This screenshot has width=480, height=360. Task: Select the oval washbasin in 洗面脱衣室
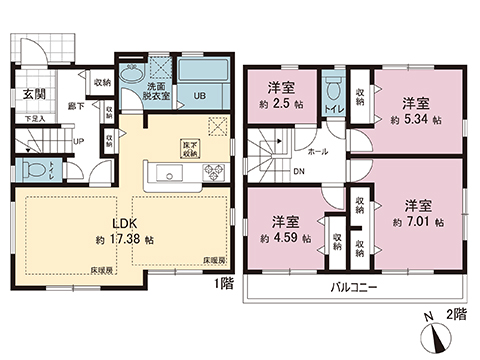coord(132,78)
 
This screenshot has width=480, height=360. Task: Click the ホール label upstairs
coord(317,152)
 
